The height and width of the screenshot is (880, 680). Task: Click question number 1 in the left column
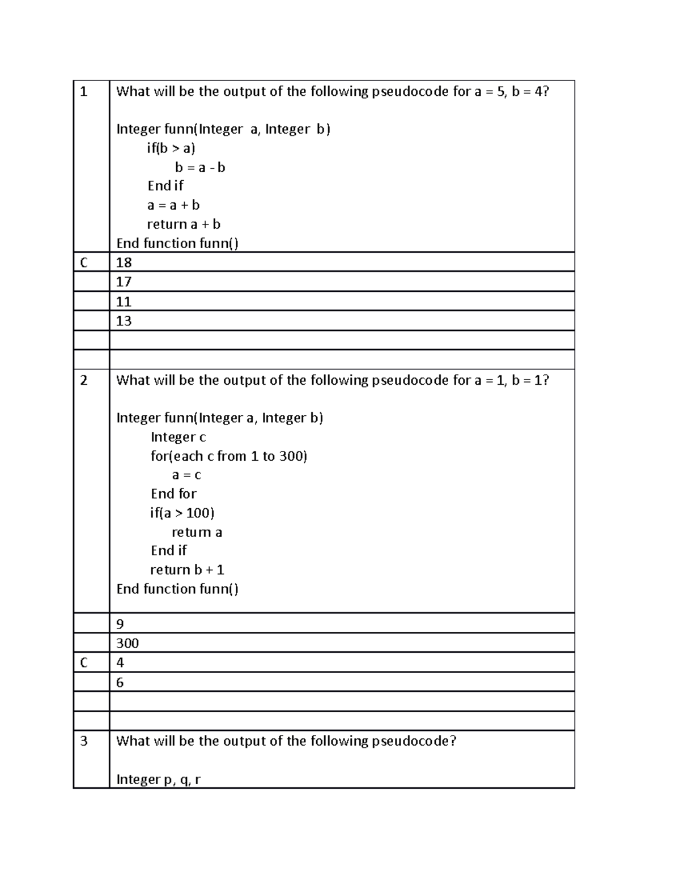(x=84, y=92)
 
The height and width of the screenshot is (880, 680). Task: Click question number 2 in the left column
(x=84, y=380)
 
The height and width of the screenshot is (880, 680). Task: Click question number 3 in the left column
(x=84, y=741)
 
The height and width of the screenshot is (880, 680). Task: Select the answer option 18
(x=124, y=262)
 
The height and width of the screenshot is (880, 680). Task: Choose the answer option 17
(x=124, y=282)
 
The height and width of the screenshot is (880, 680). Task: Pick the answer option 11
(x=124, y=301)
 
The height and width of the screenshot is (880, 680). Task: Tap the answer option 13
(x=124, y=321)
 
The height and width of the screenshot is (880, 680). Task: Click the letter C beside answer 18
(x=84, y=262)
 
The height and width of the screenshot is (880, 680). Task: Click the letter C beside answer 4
(x=84, y=662)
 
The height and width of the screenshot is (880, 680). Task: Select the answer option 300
(x=127, y=643)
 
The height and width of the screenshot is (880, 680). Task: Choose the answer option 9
(x=120, y=624)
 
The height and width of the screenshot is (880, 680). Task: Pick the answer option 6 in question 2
(x=120, y=682)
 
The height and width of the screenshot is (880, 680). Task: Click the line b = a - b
(x=200, y=168)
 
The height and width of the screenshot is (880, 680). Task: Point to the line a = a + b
(x=173, y=205)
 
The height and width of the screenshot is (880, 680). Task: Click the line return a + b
(x=184, y=224)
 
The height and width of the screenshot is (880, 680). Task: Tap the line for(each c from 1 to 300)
(x=228, y=456)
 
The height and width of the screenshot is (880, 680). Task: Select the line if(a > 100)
(x=182, y=513)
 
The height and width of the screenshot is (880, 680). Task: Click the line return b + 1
(x=187, y=570)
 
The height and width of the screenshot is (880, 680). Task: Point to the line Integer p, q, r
(x=158, y=780)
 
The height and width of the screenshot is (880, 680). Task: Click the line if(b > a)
(x=171, y=148)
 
